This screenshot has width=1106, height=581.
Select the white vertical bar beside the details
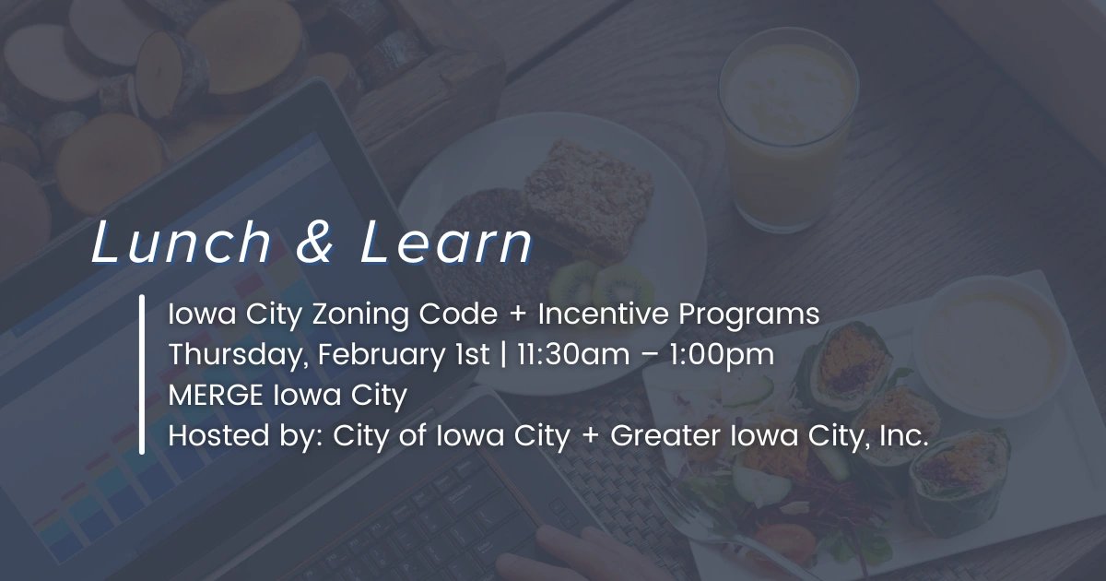click(143, 374)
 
